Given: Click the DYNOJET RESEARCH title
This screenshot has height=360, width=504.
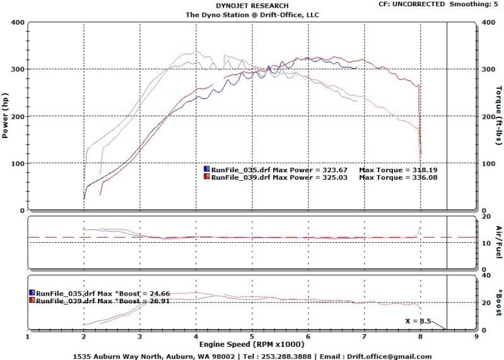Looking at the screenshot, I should pos(252,6).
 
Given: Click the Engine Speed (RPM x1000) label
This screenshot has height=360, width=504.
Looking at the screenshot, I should pos(252,345).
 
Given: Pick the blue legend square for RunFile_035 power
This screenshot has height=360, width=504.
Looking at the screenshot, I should pos(206,170).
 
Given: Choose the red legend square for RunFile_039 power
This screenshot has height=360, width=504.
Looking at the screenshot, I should pos(206,178).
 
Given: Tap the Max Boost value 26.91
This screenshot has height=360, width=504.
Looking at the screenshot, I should pos(158,301).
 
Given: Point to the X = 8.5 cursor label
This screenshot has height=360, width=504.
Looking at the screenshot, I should pos(418,321).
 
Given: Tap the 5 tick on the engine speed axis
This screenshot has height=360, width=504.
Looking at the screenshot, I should pos(252,337).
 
